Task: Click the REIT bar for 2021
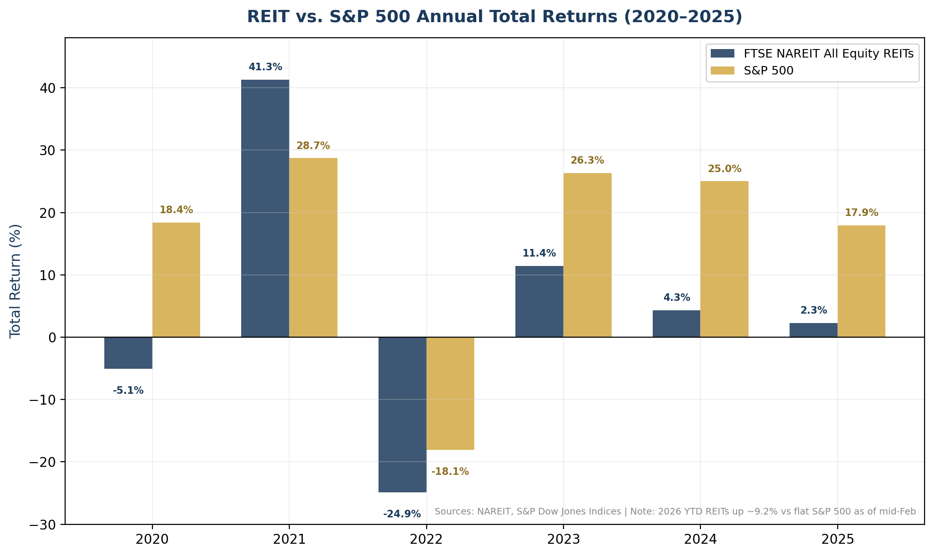point(265,208)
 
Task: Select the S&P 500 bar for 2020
point(176,280)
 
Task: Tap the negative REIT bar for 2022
point(402,415)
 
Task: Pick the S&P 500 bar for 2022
point(450,393)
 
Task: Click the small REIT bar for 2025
point(813,330)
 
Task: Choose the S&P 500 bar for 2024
point(724,259)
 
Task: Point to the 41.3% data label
point(265,67)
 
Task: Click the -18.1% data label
point(450,472)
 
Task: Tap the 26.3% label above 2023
point(587,160)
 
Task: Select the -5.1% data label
point(128,390)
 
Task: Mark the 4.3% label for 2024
point(676,298)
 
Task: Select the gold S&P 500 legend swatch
point(723,70)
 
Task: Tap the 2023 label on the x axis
point(563,539)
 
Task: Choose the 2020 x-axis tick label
point(152,539)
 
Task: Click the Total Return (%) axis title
point(15,281)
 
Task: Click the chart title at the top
point(494,17)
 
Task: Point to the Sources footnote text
point(675,512)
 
